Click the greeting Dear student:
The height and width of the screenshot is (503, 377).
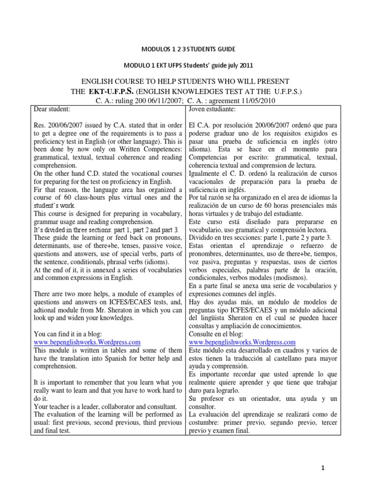pyautogui.click(x=51, y=109)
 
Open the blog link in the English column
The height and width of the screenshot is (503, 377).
pyautogui.click(x=87, y=342)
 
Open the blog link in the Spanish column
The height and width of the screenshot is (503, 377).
pyautogui.click(x=242, y=342)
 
